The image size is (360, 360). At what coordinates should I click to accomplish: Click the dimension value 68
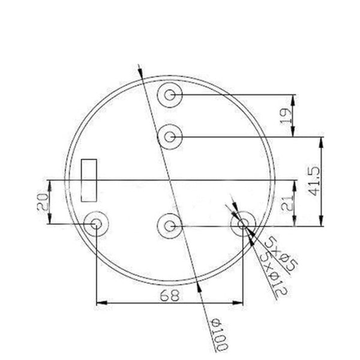click(169, 295)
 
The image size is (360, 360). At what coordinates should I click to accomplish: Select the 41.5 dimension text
click(313, 181)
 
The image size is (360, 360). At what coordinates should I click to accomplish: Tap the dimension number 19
click(286, 116)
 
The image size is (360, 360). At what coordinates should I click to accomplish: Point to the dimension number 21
click(287, 203)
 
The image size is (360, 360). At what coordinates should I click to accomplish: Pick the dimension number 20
click(43, 202)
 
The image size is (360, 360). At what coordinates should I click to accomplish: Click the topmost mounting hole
click(170, 95)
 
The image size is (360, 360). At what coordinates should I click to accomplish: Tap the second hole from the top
click(170, 137)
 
